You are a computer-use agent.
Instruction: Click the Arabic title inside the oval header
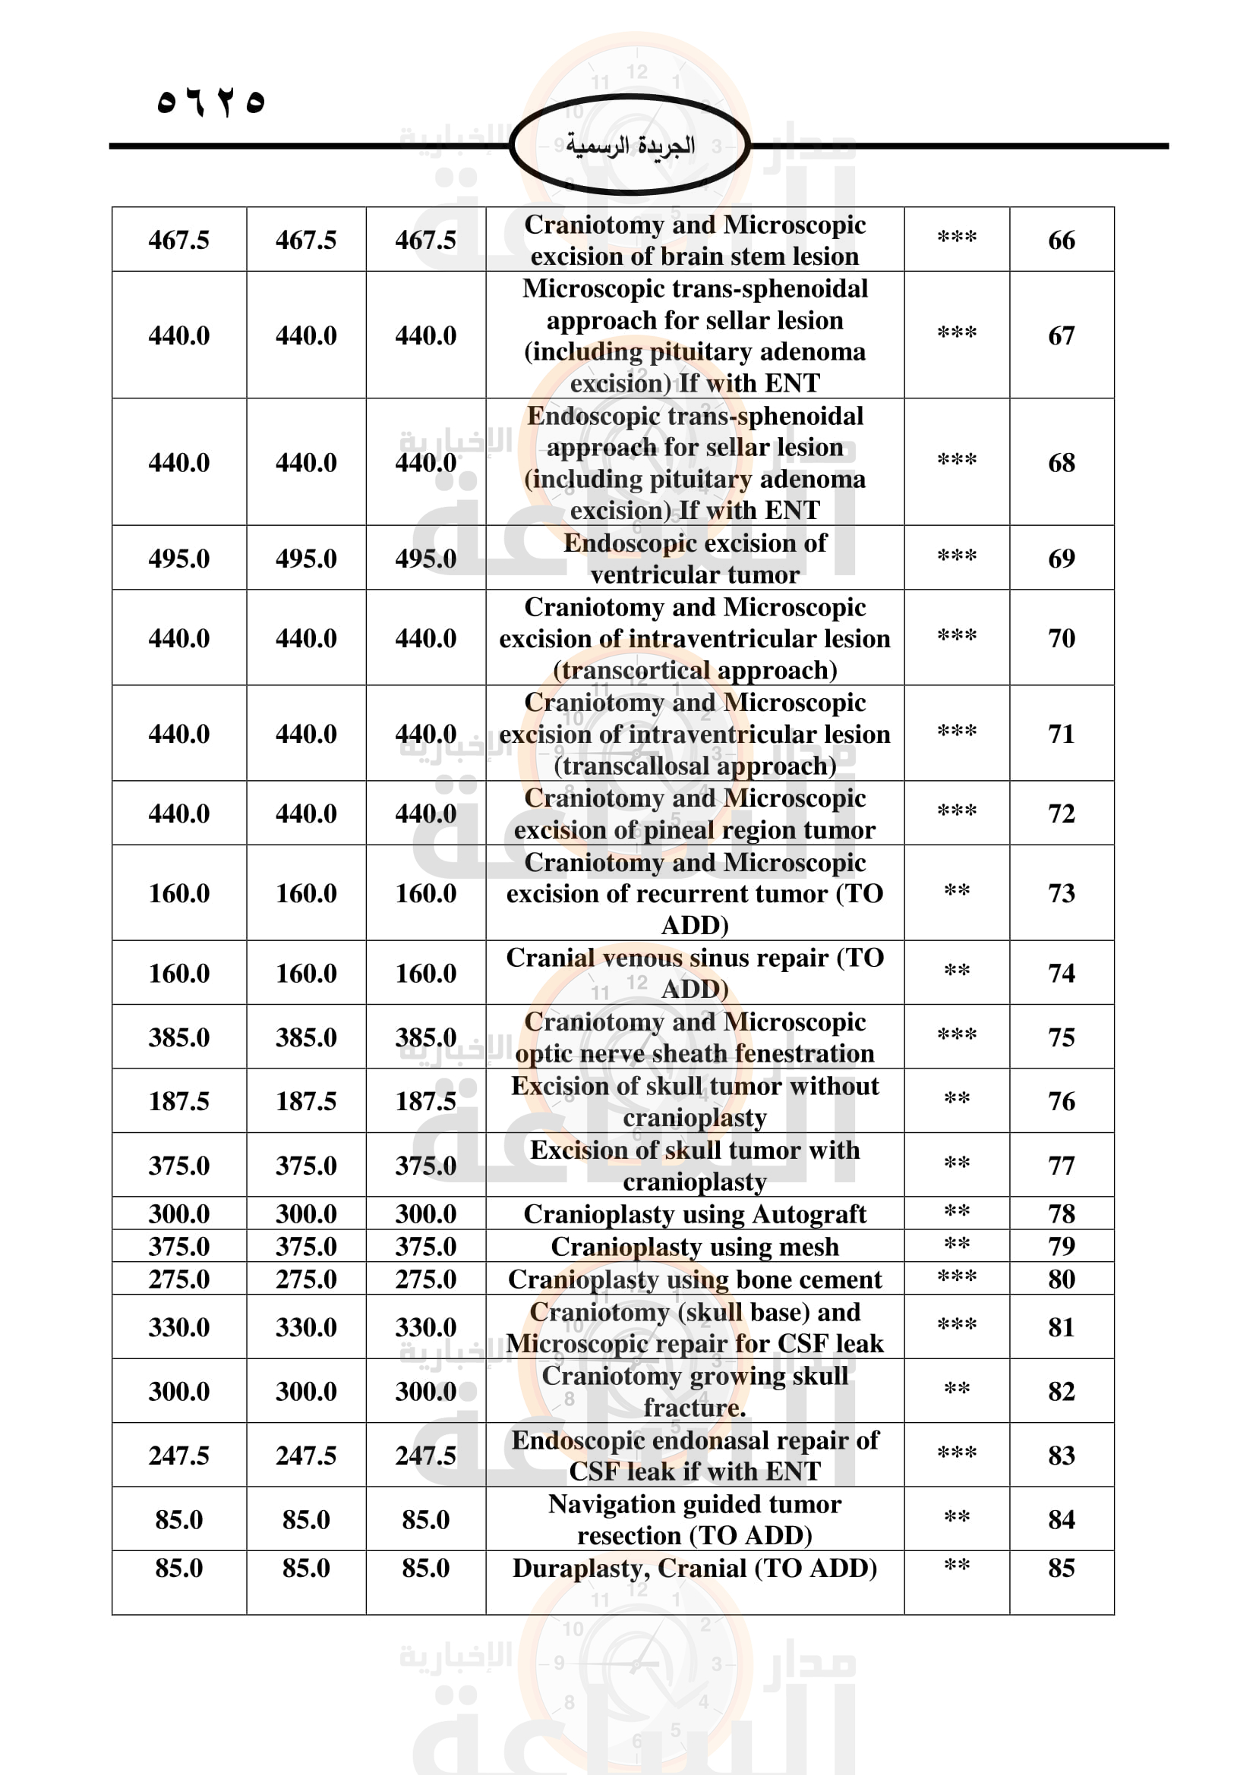[630, 146]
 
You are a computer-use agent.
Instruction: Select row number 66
[1061, 241]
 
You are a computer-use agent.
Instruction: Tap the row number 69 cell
[1061, 559]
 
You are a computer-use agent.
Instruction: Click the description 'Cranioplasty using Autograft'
[695, 1213]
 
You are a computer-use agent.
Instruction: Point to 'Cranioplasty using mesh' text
[695, 1246]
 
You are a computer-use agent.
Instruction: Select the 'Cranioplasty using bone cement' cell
[695, 1279]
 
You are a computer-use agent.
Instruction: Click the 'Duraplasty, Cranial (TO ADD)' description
[695, 1568]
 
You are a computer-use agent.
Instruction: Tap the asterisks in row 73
[957, 892]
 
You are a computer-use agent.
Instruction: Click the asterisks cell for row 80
[957, 1277]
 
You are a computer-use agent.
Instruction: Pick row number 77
[1061, 1165]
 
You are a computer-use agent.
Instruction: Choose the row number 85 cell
[1061, 1568]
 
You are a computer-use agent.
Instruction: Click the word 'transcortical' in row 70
[634, 670]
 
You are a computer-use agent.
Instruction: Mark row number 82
[1061, 1392]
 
